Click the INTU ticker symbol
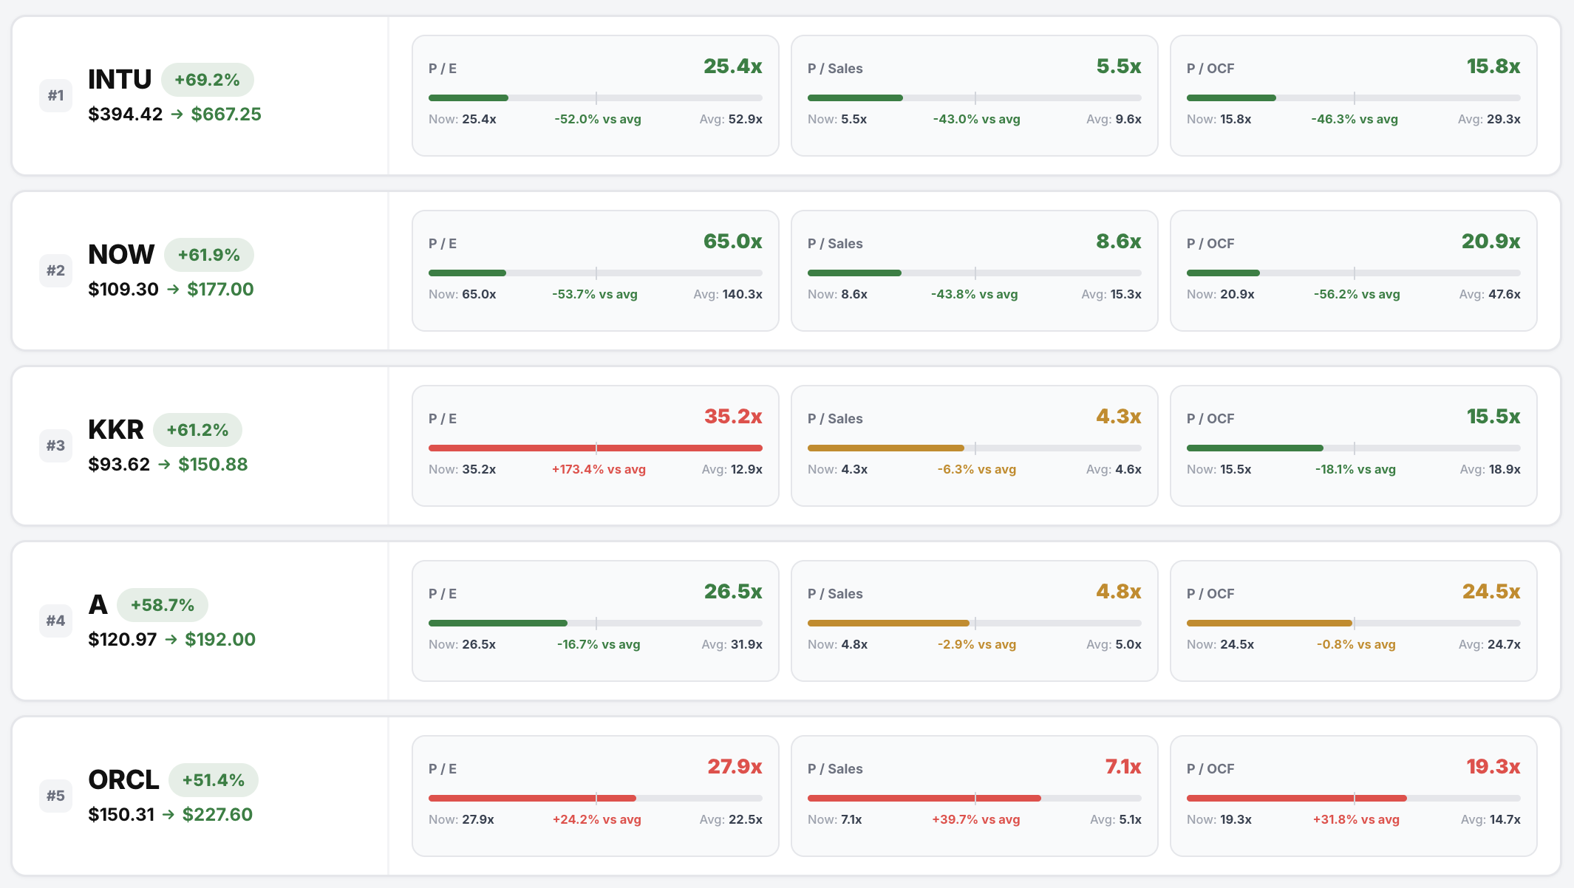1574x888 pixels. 120,80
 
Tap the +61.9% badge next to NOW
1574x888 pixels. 209,255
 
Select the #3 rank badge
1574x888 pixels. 55,445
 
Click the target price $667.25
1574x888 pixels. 226,115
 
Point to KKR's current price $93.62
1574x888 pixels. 119,465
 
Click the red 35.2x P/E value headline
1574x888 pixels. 732,417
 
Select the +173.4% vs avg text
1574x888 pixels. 599,469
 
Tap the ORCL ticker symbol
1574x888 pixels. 123,780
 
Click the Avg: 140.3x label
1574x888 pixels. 727,294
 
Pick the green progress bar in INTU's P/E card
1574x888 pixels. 469,98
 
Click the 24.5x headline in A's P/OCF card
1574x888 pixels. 1490,592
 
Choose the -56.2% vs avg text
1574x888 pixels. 1357,294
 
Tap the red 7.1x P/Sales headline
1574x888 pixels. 1122,767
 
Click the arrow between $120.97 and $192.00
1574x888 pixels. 171,640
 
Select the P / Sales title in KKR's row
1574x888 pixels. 835,419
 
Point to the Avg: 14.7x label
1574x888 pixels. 1490,819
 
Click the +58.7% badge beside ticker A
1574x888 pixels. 163,605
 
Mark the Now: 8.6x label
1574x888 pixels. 837,294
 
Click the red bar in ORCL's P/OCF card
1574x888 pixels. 1296,798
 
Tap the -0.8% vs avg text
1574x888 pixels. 1356,644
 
